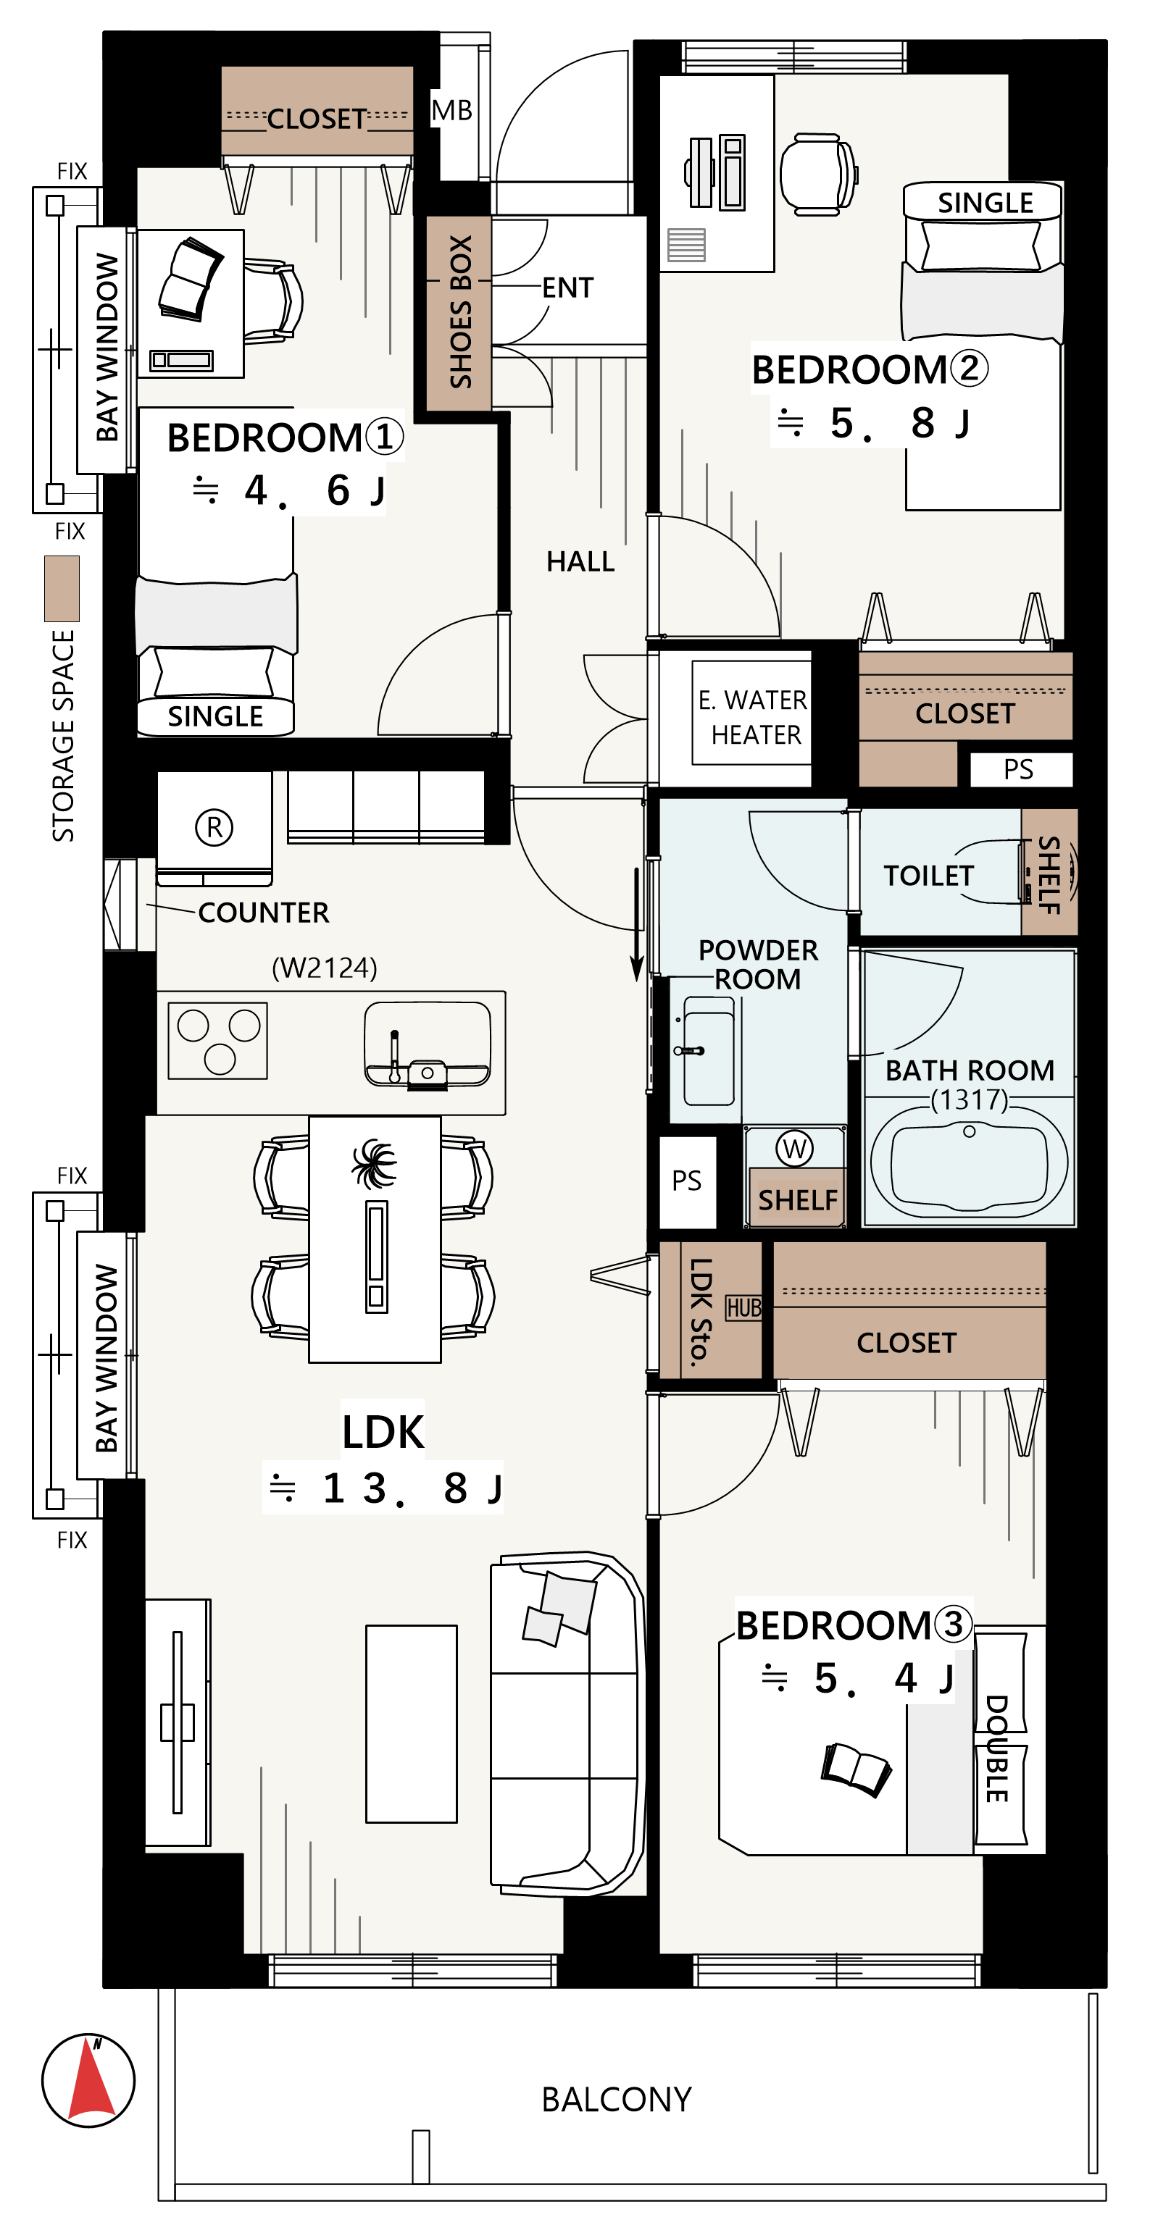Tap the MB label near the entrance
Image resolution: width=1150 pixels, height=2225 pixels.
click(452, 111)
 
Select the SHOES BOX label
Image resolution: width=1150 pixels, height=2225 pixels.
click(461, 312)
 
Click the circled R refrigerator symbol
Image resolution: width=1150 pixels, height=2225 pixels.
click(214, 826)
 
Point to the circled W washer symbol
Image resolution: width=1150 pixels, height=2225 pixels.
click(794, 1148)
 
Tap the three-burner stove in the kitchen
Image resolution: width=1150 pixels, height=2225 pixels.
click(217, 1041)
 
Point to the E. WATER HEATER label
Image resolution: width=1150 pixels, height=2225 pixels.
click(753, 717)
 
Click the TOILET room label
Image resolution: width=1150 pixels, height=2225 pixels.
click(928, 876)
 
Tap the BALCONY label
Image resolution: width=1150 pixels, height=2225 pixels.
click(616, 2100)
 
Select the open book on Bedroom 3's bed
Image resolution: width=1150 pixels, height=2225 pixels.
click(855, 1768)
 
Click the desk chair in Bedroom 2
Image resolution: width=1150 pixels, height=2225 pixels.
click(818, 174)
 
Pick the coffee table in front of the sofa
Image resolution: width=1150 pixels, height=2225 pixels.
click(412, 1724)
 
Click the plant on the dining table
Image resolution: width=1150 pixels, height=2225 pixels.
click(375, 1162)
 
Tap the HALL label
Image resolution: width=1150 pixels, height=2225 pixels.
click(580, 562)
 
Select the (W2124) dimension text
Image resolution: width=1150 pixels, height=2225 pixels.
click(325, 968)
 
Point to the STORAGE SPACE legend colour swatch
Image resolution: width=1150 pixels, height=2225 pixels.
click(62, 588)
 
